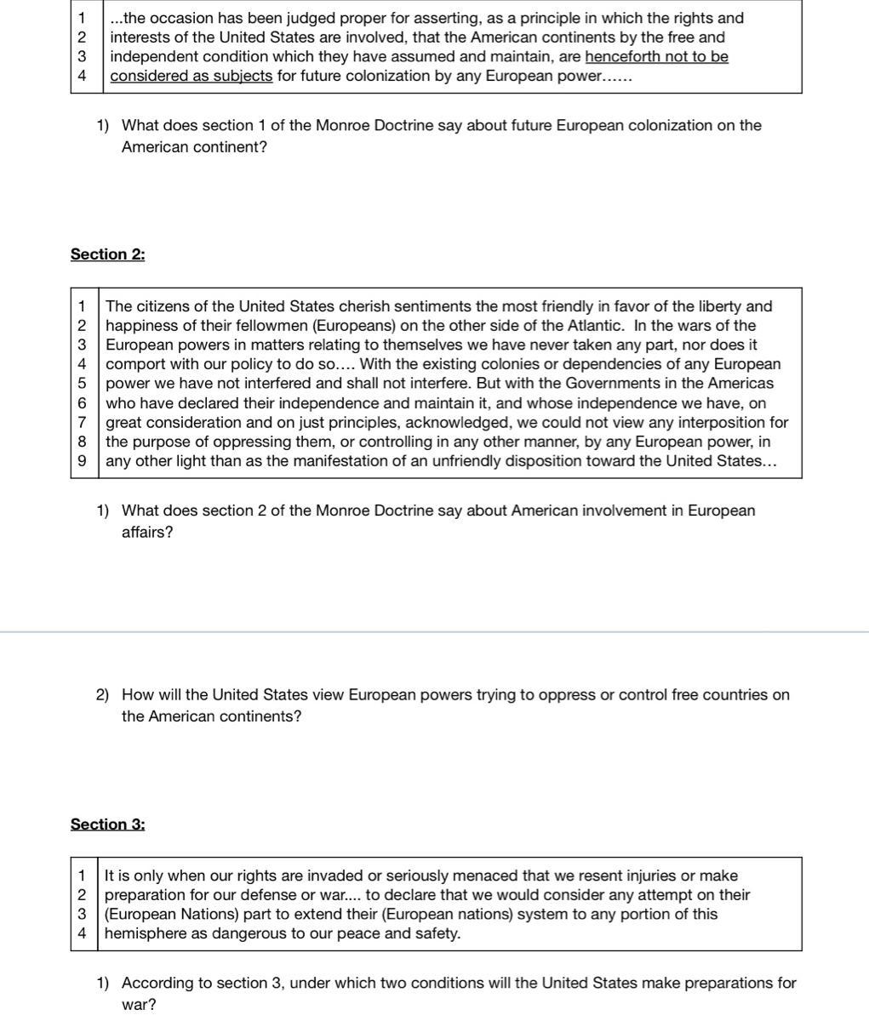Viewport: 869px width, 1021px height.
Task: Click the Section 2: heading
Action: (107, 254)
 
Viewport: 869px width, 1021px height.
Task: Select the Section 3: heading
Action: (107, 824)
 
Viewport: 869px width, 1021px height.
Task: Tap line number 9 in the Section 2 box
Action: (83, 461)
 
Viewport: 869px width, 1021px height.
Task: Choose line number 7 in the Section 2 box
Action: (83, 423)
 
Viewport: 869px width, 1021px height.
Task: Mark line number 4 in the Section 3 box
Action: (82, 933)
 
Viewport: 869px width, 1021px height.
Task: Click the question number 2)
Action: (102, 695)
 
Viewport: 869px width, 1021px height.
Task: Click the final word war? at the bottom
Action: (139, 1005)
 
